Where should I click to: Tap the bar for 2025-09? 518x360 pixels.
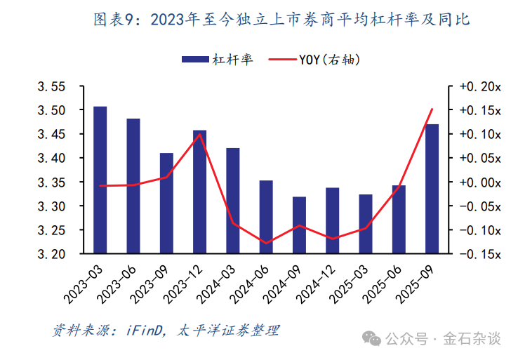(432, 189)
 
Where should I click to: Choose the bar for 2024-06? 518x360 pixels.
(266, 217)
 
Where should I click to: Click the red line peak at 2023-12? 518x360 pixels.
(200, 134)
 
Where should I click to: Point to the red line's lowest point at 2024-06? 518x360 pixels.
(266, 244)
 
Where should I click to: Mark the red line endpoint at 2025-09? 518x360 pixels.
(432, 109)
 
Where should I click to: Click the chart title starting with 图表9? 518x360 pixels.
(281, 20)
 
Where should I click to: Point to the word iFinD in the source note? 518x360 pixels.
(143, 330)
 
